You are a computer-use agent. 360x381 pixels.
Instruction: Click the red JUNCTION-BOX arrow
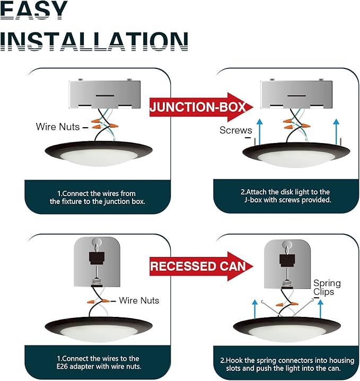201,107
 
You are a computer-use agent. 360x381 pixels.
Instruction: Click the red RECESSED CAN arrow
201,267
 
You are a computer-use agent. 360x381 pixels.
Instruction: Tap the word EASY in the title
33,10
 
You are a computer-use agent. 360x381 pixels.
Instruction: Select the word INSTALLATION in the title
94,41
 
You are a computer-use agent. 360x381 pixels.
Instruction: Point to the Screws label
235,130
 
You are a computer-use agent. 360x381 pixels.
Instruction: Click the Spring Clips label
327,287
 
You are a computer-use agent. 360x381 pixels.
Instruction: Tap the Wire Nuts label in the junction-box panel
58,127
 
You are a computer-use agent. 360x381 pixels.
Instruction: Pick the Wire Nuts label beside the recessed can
139,300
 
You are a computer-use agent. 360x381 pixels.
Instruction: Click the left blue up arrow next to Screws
260,131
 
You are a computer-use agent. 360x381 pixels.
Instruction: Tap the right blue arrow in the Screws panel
336,131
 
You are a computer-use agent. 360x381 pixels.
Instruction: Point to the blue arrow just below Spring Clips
320,308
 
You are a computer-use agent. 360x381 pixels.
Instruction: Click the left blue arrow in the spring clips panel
254,308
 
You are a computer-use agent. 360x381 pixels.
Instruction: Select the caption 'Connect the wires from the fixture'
97,197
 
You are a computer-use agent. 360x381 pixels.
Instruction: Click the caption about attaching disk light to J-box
286,196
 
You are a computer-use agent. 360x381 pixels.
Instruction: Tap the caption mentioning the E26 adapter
99,362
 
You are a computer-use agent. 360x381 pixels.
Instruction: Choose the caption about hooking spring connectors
287,364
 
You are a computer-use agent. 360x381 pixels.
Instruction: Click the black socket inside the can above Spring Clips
287,260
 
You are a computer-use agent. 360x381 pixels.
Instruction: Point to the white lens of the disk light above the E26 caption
99,333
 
